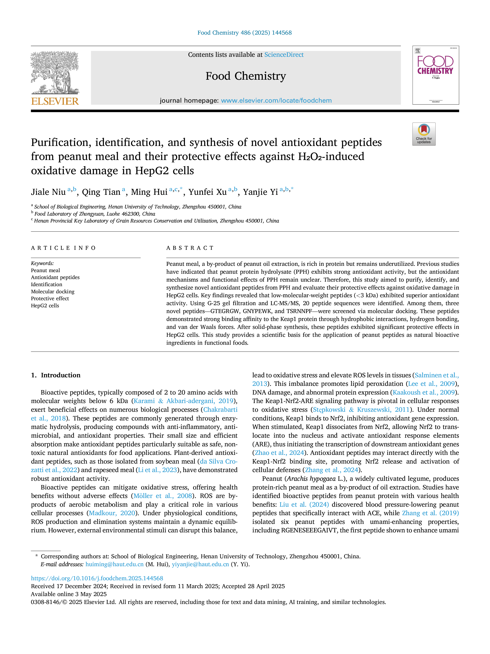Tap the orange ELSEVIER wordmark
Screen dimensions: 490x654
pyautogui.click(x=55, y=101)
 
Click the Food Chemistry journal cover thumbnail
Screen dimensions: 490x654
pyautogui.click(x=436, y=75)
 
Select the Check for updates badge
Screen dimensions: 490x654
pyautogui.click(x=424, y=134)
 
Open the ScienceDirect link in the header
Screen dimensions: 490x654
pyautogui.click(x=284, y=55)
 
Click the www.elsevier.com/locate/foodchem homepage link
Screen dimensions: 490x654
pyautogui.click(x=276, y=100)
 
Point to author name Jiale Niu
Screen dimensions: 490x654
pyautogui.click(x=48, y=192)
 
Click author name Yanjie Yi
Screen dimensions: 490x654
pyautogui.click(x=260, y=192)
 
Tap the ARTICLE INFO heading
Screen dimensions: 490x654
pyautogui.click(x=63, y=248)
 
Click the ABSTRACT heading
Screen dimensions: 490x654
pyautogui.click(x=190, y=248)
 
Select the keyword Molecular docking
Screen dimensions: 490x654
pyautogui.click(x=53, y=292)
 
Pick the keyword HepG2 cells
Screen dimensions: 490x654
pyautogui.click(x=45, y=306)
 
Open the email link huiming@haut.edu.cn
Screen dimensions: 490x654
pyautogui.click(x=115, y=564)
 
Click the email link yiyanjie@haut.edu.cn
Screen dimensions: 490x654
pyautogui.click(x=201, y=564)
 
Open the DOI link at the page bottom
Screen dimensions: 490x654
pyautogui.click(x=97, y=578)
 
